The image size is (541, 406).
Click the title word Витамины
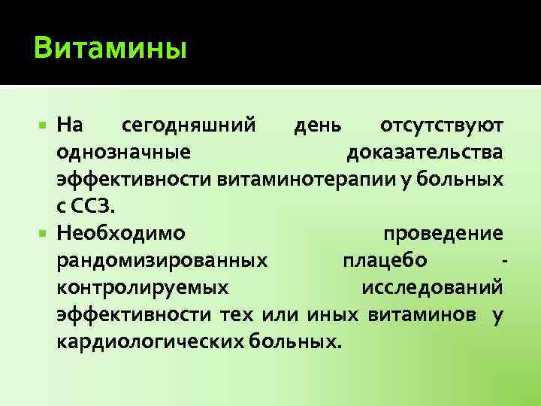(110, 50)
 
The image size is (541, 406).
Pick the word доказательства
(425, 153)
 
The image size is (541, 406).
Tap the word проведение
(443, 233)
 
